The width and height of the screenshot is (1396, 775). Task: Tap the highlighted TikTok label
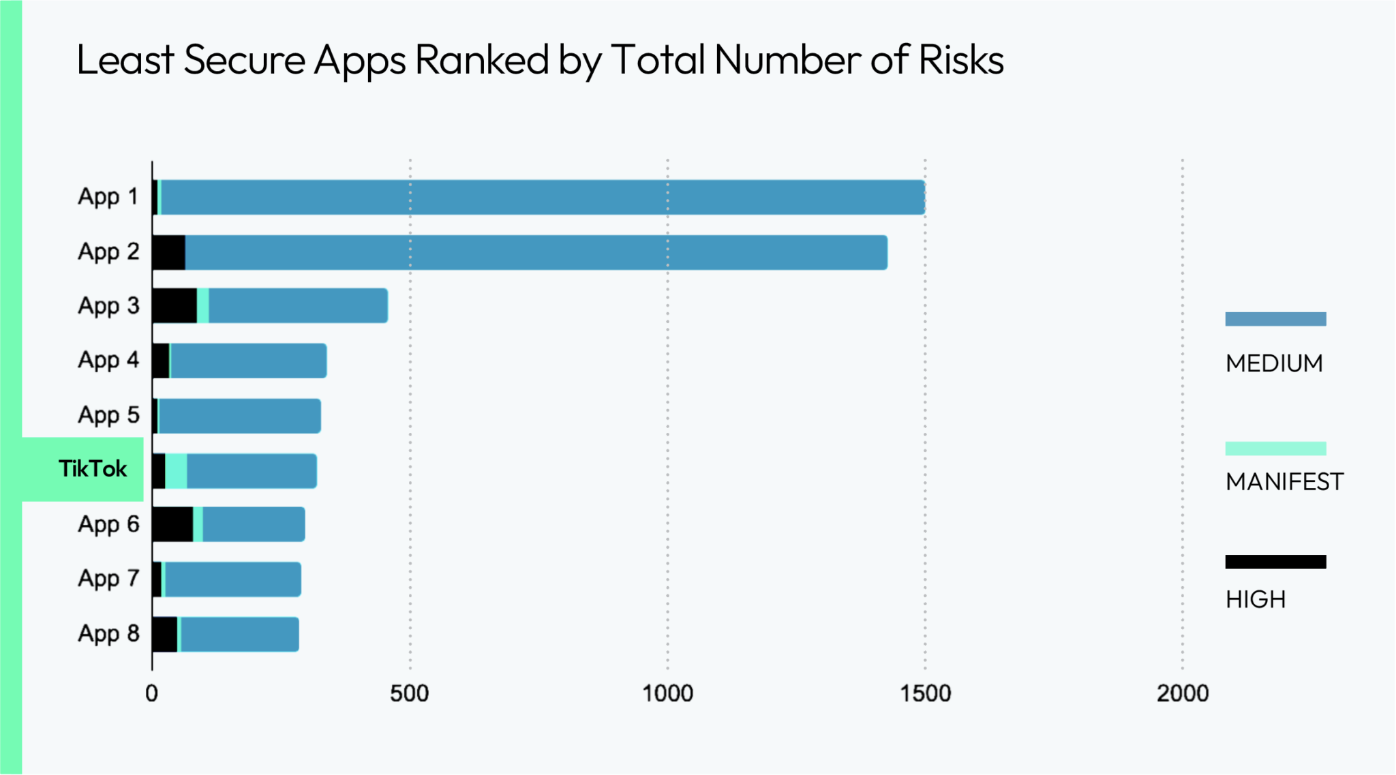(x=93, y=469)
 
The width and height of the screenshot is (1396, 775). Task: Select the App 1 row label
(x=108, y=197)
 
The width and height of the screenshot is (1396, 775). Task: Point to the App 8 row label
(x=108, y=634)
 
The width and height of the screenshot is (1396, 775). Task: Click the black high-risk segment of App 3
(x=174, y=305)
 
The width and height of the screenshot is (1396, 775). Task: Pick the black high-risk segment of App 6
(x=172, y=524)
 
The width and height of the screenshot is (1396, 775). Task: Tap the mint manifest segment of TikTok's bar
(x=176, y=471)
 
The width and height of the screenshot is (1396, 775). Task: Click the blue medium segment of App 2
(x=536, y=252)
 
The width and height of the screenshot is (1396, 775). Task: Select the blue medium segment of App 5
(x=239, y=416)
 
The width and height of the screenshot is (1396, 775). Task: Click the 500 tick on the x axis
(x=409, y=694)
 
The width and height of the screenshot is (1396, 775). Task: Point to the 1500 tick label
(x=925, y=694)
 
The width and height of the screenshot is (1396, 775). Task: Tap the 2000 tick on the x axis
(x=1183, y=694)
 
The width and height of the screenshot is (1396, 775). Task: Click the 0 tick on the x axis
(x=151, y=694)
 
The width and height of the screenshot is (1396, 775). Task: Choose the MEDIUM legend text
(x=1274, y=364)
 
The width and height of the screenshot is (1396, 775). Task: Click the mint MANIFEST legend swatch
(x=1275, y=449)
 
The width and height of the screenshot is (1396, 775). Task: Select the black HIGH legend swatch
(x=1275, y=562)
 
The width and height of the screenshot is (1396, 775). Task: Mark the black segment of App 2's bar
(x=168, y=252)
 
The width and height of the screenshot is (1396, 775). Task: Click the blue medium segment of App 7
(x=232, y=579)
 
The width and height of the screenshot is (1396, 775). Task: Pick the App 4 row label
(x=108, y=361)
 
